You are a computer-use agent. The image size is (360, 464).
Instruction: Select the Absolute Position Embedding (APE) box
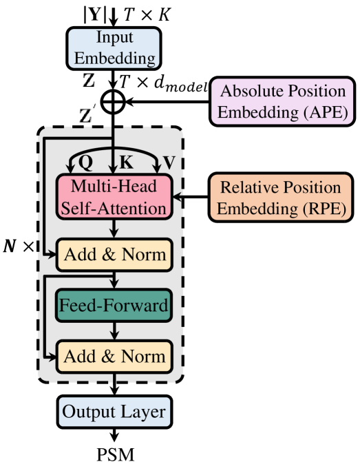coord(281,101)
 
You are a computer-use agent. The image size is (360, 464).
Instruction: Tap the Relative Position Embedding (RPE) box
coord(282,198)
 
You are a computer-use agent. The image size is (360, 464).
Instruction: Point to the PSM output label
coord(115,454)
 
